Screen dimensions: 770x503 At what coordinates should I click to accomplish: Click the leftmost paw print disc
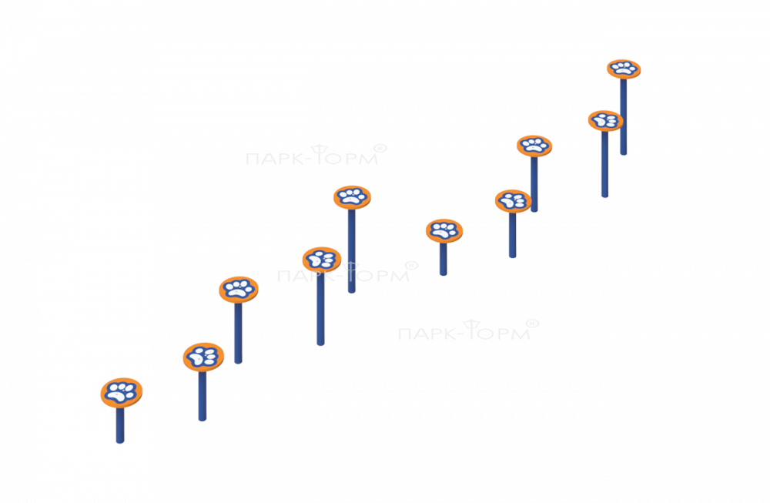coord(122,393)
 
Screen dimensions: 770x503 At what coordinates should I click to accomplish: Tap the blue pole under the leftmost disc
coord(120,425)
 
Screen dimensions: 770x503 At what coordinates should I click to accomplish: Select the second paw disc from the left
coord(203,357)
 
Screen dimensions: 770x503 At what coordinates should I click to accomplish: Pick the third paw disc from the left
coord(239,290)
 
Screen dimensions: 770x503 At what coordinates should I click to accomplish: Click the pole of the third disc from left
coord(238,333)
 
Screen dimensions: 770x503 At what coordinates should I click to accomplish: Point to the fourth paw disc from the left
coord(322,260)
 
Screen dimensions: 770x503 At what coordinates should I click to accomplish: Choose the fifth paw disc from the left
coord(352,197)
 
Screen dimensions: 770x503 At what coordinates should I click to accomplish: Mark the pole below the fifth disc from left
coord(352,251)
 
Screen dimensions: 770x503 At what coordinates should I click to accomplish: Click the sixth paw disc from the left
coord(444,230)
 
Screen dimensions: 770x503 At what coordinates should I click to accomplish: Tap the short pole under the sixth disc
coord(443,259)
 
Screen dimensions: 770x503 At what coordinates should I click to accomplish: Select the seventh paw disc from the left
coord(513,201)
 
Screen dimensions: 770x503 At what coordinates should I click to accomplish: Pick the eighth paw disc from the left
coord(534,146)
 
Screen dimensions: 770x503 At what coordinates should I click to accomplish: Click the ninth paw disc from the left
coord(605,120)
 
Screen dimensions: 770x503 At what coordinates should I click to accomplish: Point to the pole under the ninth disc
coord(605,164)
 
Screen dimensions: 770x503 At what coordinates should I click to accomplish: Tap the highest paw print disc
coord(624,69)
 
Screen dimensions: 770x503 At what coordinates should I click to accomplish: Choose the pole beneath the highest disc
coord(623,116)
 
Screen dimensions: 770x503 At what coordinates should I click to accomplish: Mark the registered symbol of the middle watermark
coord(411,266)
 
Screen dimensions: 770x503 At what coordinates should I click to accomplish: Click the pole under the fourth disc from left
coord(320,308)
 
